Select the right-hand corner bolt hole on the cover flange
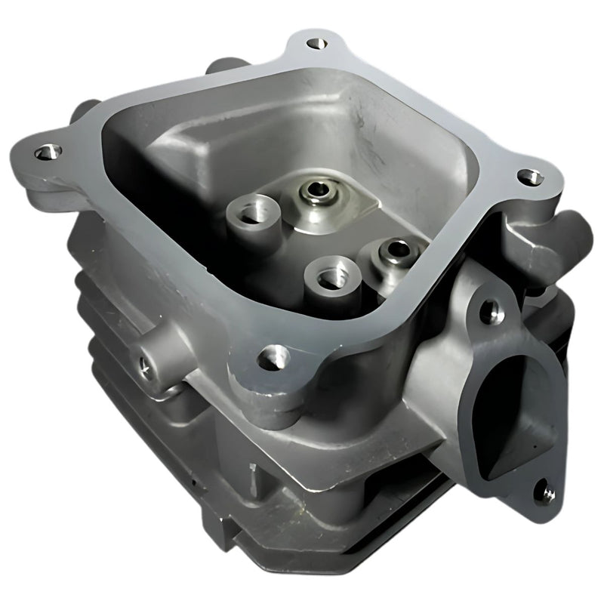[x=530, y=177]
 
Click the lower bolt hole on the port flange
[x=545, y=494]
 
